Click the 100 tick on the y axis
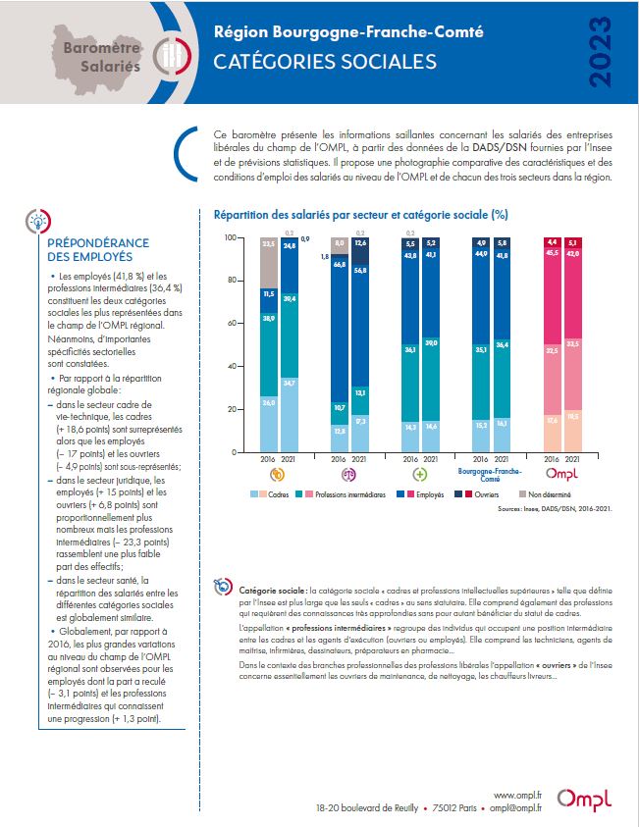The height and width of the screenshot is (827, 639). click(231, 237)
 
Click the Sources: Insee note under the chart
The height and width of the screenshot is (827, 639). click(547, 510)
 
